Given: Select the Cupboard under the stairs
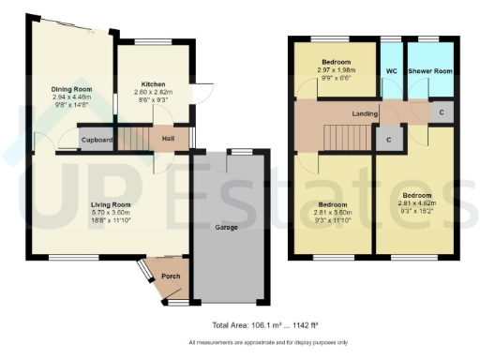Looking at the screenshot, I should [97, 141].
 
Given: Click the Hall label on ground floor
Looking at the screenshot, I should [167, 141].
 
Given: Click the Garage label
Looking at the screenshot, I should [226, 227].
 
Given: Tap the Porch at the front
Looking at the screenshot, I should [171, 277].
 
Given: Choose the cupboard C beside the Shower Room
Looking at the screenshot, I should [441, 112].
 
